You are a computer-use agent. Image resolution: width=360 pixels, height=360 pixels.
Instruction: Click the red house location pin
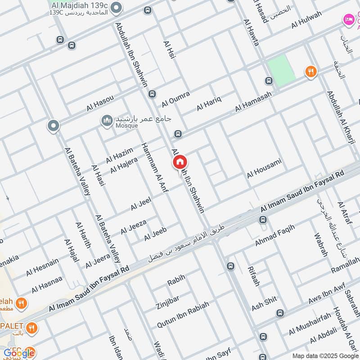click(x=180, y=162)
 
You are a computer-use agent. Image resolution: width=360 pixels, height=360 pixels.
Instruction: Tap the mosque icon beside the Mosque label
click(x=107, y=121)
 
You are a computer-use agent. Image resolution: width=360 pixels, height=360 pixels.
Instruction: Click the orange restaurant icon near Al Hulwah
click(x=310, y=71)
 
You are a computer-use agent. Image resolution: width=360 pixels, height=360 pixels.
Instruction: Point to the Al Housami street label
click(x=264, y=168)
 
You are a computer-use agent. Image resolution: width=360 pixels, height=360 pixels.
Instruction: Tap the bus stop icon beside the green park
click(x=269, y=81)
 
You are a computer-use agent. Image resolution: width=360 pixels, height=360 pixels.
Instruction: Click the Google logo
click(x=18, y=353)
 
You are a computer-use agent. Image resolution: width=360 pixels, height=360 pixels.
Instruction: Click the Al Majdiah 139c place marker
click(x=117, y=8)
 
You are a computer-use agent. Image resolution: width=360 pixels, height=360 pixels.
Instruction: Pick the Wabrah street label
click(x=321, y=245)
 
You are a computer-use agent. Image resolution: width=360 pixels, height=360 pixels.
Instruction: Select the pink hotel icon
click(x=348, y=19)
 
